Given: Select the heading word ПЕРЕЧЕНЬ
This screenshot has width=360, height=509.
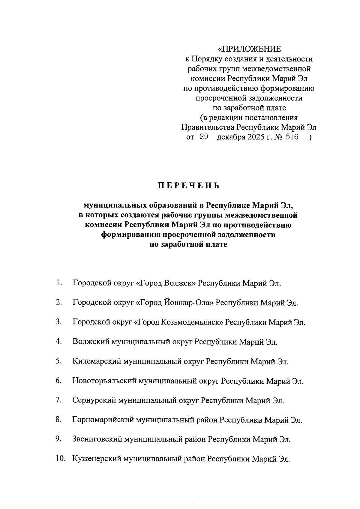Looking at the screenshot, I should (x=189, y=186).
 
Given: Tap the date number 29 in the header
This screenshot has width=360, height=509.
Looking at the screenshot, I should (x=204, y=138).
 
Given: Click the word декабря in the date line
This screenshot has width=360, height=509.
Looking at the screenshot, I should (x=231, y=138).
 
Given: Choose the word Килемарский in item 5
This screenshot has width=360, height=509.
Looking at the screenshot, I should (x=96, y=361).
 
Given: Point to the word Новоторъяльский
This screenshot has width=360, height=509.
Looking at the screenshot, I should (x=104, y=381).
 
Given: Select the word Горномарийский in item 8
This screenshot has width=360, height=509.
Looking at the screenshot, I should (x=103, y=420).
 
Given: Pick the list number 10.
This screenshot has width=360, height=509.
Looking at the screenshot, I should (x=60, y=459).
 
